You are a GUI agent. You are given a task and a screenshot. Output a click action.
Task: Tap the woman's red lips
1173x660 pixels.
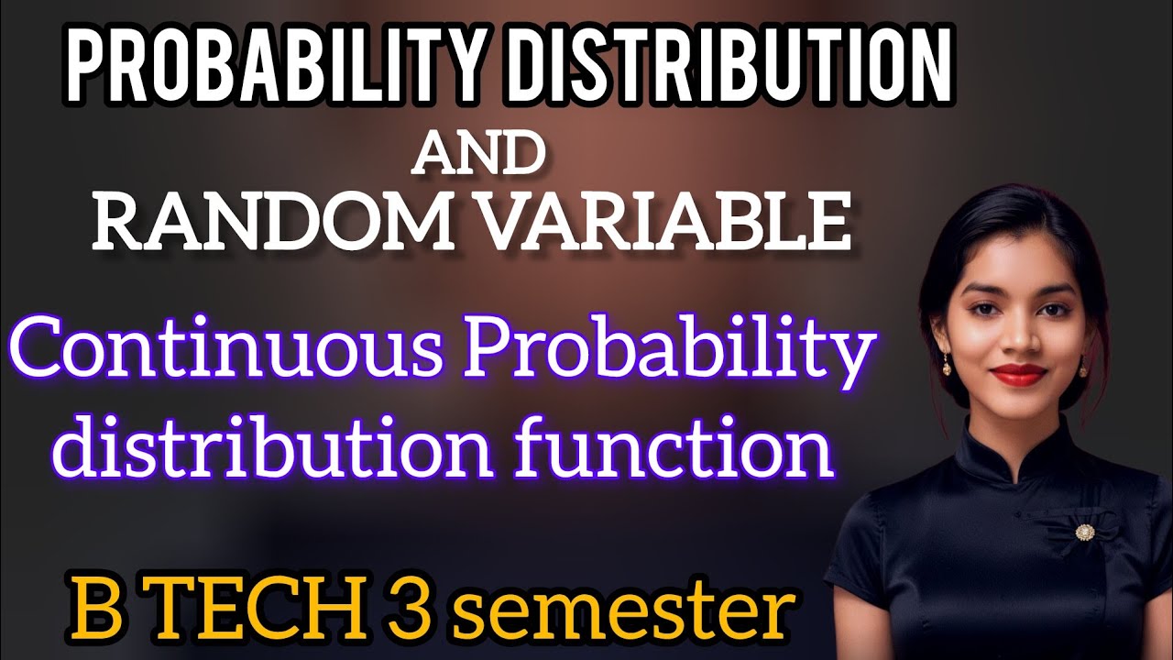[x=1019, y=373]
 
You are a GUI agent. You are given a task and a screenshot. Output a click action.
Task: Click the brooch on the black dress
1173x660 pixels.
[x=1085, y=532]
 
